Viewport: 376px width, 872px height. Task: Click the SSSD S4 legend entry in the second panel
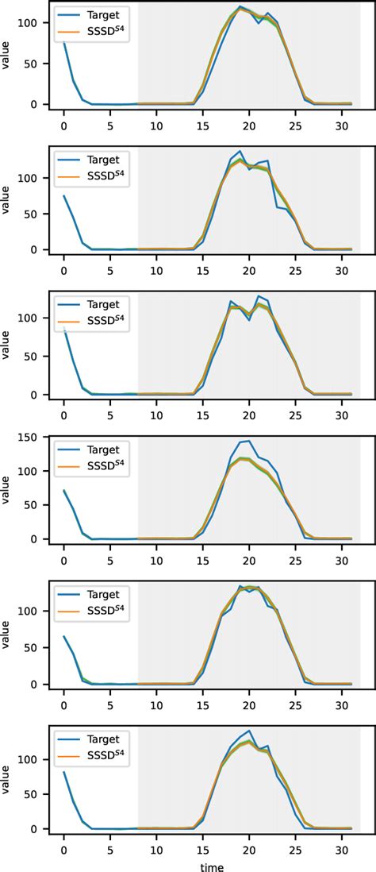coord(107,176)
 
